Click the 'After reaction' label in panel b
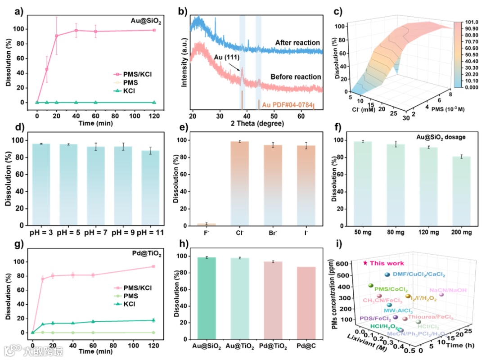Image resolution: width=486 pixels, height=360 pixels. pos(298,43)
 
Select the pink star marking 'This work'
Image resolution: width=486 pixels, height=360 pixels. pos(365,263)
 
